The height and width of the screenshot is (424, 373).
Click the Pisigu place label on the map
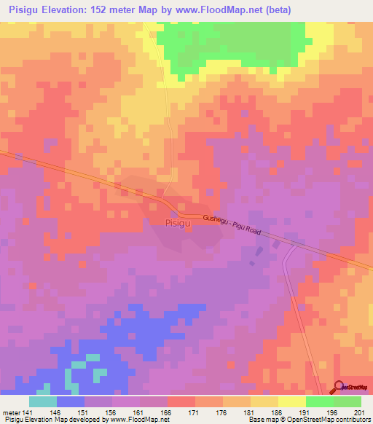(179, 223)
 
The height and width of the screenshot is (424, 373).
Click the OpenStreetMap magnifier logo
(339, 387)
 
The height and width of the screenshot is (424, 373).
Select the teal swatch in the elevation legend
(43, 401)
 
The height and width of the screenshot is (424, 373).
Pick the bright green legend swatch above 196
(320, 401)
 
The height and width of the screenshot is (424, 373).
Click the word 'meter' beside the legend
(11, 412)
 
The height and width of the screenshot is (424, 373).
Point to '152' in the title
(111, 10)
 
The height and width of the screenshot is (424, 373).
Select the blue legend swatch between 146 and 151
(71, 401)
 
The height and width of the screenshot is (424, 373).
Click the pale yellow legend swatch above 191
(292, 401)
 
